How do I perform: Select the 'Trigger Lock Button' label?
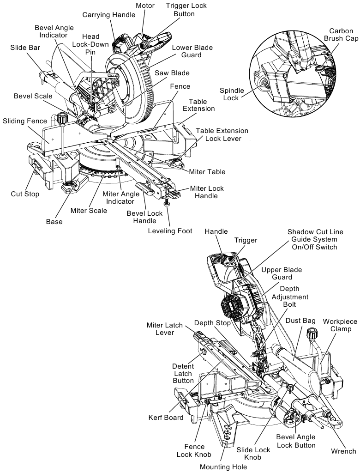(186, 10)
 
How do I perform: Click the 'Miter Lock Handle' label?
(207, 192)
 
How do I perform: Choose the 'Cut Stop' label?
(25, 194)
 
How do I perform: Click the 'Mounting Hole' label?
(223, 467)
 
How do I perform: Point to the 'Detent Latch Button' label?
(183, 373)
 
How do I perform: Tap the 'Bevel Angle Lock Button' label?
(296, 441)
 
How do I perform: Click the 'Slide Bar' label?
(24, 47)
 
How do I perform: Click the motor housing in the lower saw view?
(234, 307)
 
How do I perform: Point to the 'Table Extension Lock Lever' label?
(222, 134)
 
